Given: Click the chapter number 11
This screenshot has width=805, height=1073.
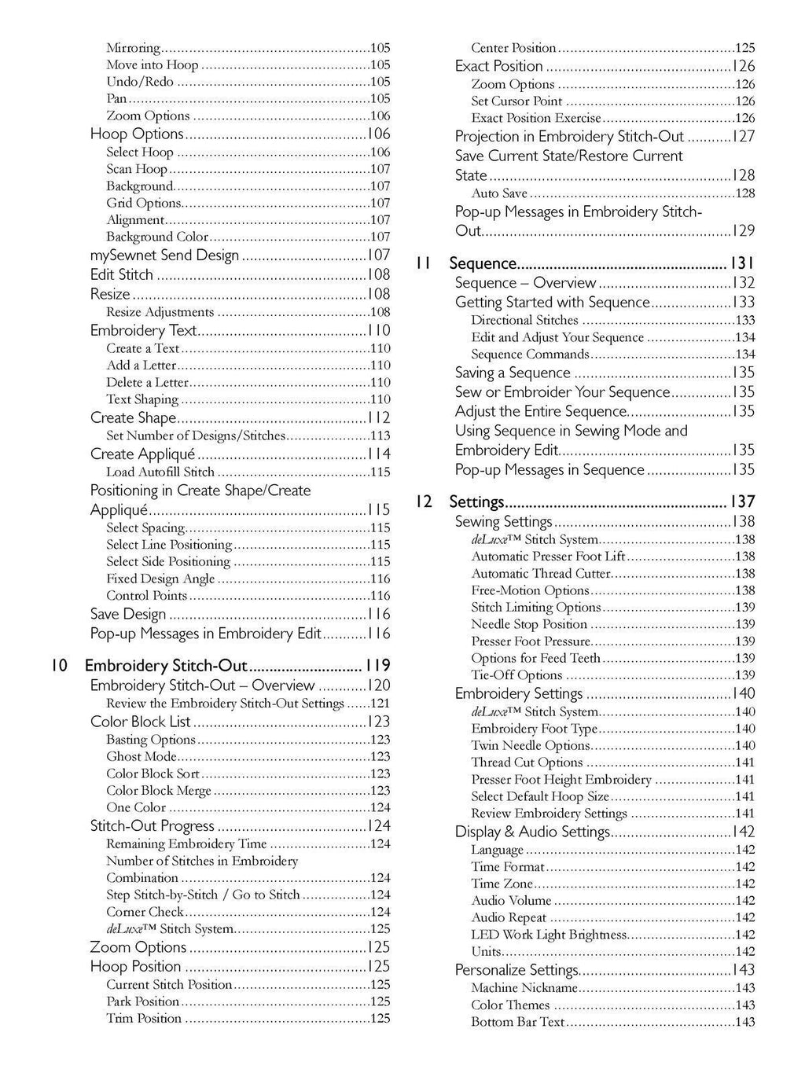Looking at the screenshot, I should [x=425, y=263].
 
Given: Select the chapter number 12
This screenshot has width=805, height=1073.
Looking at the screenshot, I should [x=425, y=502].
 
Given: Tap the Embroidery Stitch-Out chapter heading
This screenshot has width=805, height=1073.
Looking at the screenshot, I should [x=166, y=665].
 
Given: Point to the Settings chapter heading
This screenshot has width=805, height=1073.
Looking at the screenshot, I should [x=476, y=502].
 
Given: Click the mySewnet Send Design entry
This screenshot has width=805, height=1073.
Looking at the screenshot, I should [x=164, y=255].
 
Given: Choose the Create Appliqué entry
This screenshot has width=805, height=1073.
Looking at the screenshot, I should [x=142, y=454].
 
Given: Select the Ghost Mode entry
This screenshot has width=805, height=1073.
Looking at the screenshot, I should [x=142, y=756].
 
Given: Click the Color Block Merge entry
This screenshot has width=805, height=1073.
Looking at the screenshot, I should [x=159, y=791].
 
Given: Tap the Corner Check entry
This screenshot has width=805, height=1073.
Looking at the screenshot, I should [x=145, y=912].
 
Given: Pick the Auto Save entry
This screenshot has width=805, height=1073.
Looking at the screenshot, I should [x=499, y=193].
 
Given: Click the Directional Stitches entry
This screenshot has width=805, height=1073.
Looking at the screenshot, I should [x=524, y=320].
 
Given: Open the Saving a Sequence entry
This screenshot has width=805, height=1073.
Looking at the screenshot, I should [x=513, y=373].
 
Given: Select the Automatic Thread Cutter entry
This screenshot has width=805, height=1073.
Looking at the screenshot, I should [x=541, y=573].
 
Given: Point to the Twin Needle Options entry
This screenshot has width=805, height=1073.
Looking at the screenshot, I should [x=530, y=745].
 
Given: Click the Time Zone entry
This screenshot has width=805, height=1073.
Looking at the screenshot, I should [x=502, y=884].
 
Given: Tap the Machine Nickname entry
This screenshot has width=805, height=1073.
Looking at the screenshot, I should [x=524, y=987].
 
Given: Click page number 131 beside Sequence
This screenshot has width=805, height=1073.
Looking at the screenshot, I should [x=739, y=263].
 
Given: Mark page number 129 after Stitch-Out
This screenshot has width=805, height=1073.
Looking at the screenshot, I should [x=743, y=230].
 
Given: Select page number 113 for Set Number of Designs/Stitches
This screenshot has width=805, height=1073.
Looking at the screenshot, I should [x=380, y=435].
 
